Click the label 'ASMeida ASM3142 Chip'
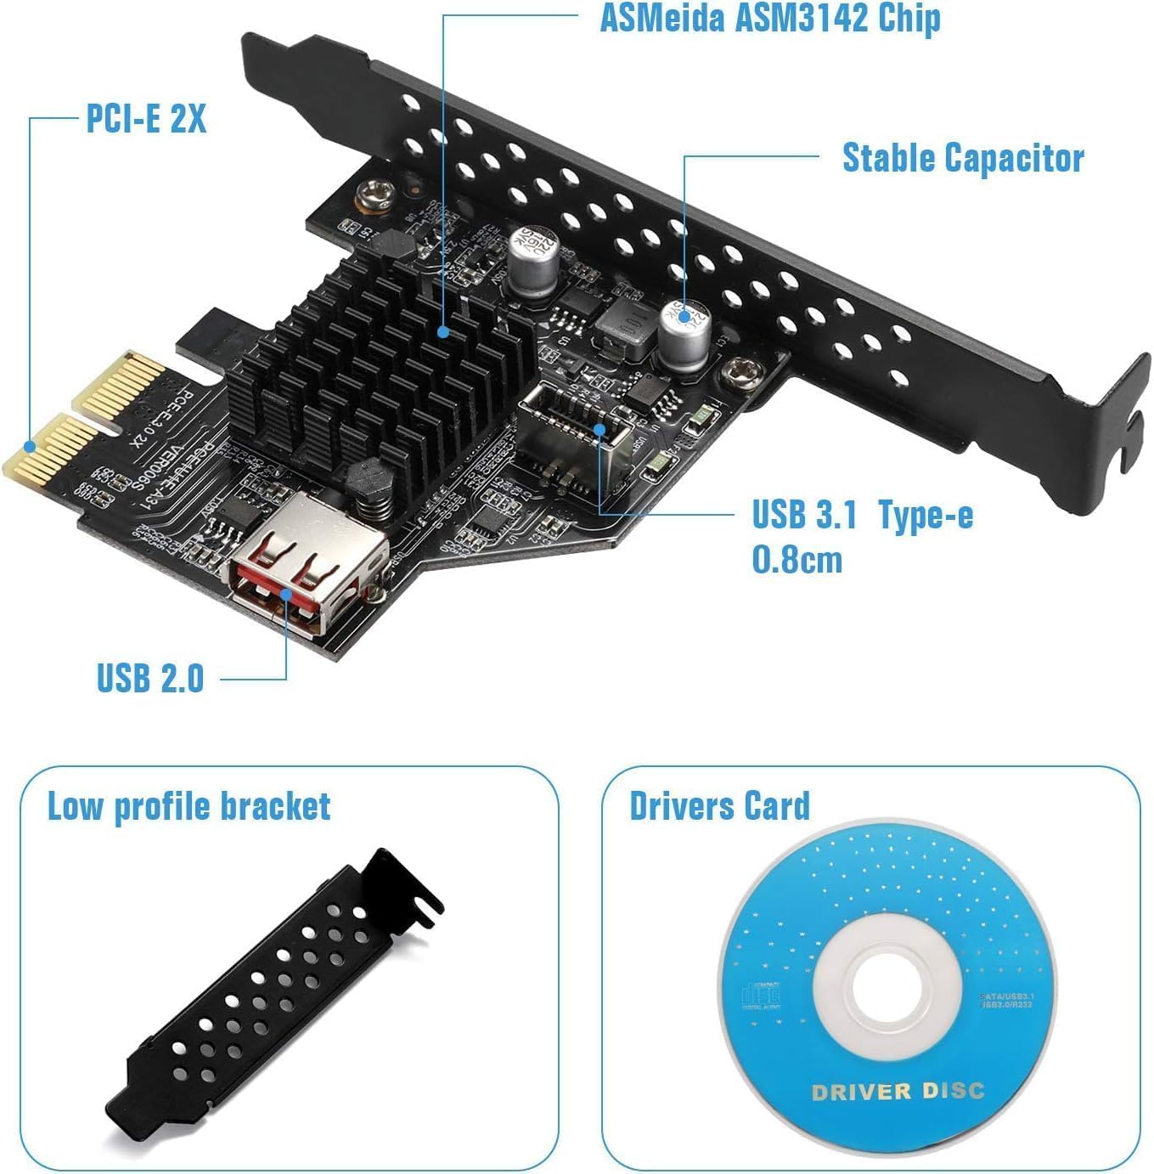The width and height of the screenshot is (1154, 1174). point(769,19)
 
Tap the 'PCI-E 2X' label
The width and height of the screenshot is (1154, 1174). point(146,118)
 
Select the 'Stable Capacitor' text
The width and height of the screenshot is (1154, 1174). point(962,158)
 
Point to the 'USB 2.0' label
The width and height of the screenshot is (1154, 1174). point(150,678)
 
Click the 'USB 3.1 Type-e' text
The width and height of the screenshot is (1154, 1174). point(862,515)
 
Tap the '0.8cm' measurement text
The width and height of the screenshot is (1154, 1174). point(797,560)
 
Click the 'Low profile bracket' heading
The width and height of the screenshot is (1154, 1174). point(189,806)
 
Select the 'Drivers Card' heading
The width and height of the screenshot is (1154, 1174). point(719,806)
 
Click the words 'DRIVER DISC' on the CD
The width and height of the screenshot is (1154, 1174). point(898,1092)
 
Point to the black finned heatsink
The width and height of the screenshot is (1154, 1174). point(382,357)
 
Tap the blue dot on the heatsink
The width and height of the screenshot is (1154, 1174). point(443,333)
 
